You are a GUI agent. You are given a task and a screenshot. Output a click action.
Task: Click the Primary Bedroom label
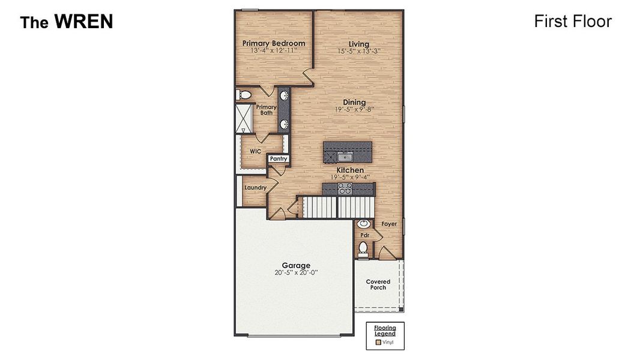273,43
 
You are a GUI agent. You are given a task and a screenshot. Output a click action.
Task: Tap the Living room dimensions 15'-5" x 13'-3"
359,52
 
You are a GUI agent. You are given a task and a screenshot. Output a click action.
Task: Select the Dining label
354,102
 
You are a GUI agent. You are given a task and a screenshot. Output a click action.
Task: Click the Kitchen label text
349,170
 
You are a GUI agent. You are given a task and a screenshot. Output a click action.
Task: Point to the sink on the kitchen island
345,157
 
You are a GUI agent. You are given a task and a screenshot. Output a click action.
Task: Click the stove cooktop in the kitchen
345,189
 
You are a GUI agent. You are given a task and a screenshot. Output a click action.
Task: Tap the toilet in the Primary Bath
244,95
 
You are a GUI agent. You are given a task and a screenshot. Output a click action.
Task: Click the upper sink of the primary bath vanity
283,95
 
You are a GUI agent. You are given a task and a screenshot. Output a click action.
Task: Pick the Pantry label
279,159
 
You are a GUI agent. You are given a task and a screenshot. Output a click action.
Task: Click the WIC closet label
255,151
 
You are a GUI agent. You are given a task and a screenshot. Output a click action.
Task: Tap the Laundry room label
255,188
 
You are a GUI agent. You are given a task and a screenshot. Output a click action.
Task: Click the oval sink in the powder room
364,224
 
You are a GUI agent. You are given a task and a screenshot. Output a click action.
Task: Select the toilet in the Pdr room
363,248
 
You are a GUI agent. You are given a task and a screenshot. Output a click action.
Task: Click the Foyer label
389,224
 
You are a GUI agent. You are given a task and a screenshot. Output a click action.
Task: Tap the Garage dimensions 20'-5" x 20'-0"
296,272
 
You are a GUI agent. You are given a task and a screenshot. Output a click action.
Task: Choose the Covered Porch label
378,284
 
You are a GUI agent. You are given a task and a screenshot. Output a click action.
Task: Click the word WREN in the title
83,22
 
